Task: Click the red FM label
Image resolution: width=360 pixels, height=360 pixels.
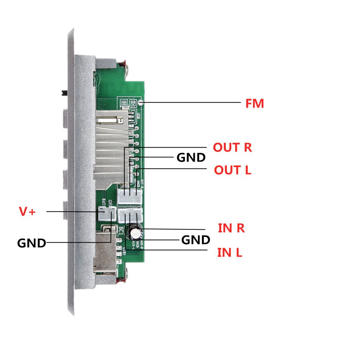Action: [255, 104]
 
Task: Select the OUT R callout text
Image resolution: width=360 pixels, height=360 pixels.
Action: [232, 148]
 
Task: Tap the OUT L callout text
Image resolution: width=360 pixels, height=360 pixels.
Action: [232, 170]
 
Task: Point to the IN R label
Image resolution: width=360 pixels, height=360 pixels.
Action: [231, 228]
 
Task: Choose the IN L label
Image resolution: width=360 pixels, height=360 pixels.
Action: [230, 252]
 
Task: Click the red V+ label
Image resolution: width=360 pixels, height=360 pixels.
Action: [27, 212]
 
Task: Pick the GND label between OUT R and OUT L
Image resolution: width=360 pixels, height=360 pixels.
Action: [191, 158]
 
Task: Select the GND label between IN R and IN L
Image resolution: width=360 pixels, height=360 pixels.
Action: [195, 240]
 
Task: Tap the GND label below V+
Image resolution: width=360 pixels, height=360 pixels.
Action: [32, 243]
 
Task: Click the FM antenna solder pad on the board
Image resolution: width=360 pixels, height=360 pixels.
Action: [141, 102]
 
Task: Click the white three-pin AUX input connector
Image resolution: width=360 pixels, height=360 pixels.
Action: [130, 216]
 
